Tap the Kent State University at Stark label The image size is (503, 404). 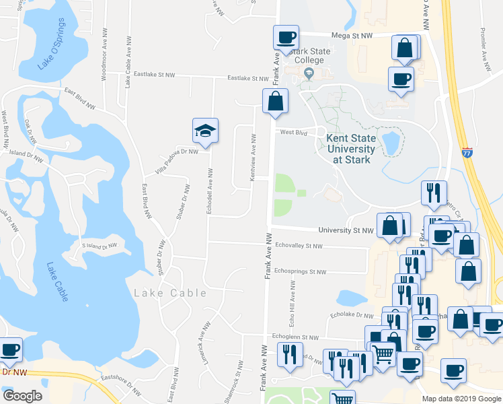click(350, 148)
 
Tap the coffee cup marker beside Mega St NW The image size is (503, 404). click(285, 38)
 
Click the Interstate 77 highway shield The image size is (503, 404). click(468, 153)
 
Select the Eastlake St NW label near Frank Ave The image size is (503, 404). click(247, 78)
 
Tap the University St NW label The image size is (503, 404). click(346, 230)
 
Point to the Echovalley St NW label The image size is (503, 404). click(299, 246)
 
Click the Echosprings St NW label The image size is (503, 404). click(300, 272)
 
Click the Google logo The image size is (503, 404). click(22, 395)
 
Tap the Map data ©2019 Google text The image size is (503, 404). click(461, 399)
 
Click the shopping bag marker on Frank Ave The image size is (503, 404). click(275, 102)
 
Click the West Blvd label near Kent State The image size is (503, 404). click(293, 133)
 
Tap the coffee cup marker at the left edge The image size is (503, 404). click(9, 351)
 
